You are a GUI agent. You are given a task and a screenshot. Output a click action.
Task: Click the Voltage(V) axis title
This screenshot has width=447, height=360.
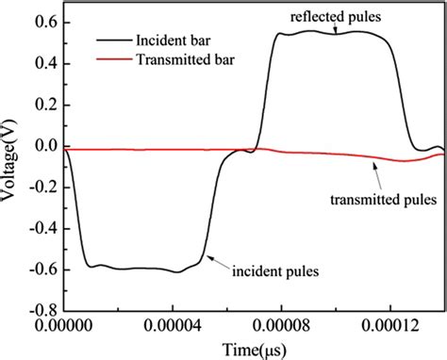pos(13,166)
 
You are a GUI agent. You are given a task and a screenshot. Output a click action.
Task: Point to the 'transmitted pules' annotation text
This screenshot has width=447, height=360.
pos(383,199)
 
